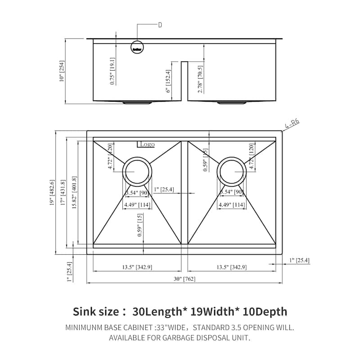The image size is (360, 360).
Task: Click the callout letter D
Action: coord(160,25)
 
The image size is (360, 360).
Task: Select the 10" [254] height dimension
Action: coord(61,71)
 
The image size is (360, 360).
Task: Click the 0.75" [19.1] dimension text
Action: coord(112,71)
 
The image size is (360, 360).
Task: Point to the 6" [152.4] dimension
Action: coord(169,81)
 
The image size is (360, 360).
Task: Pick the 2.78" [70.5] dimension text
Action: coord(200,79)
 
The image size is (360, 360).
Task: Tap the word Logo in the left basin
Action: coord(147,144)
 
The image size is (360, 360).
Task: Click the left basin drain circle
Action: coord(136,171)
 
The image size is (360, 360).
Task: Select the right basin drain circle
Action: coord(231,171)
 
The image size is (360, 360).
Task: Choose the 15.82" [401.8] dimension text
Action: coord(75,194)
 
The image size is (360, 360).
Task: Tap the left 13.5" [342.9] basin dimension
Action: coord(137,267)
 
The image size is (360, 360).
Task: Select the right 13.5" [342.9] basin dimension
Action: coord(231,267)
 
